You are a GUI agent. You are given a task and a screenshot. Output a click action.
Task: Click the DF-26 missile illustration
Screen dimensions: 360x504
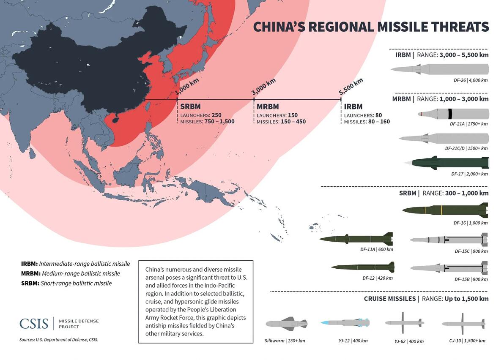click(440, 69)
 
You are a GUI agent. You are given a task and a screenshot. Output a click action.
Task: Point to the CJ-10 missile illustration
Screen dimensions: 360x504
click(463, 324)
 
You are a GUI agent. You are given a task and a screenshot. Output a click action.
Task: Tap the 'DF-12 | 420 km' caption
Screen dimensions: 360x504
click(377, 278)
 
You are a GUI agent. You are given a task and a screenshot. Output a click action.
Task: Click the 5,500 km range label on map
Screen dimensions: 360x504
click(351, 87)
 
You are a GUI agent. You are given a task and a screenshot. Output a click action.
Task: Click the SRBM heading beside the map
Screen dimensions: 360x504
click(190, 107)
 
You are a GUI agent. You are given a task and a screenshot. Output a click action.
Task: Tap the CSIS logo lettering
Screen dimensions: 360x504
click(34, 324)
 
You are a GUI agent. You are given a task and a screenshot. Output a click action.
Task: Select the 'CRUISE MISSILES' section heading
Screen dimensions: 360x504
click(390, 299)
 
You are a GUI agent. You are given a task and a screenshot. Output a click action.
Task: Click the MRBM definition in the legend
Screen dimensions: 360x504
click(71, 273)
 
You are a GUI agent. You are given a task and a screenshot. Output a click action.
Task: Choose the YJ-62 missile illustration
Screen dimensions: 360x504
click(403, 323)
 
